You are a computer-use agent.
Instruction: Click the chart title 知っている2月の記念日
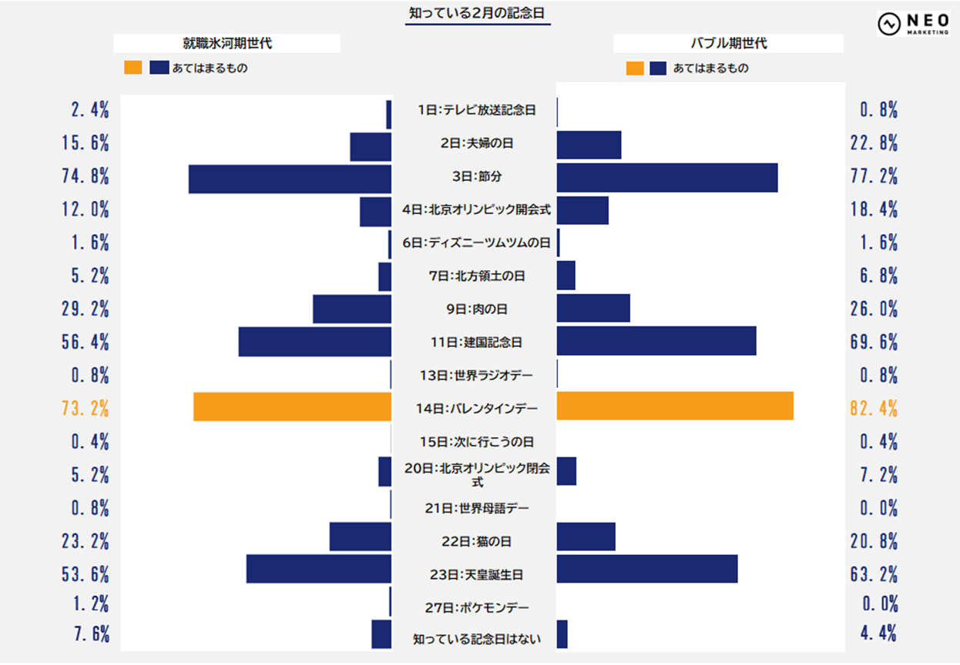pos(478,13)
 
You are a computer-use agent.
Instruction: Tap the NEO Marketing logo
pos(913,24)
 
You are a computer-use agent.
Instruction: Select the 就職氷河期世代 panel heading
pos(227,44)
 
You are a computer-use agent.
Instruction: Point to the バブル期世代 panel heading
pos(728,44)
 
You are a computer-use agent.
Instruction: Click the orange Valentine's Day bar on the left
pos(292,406)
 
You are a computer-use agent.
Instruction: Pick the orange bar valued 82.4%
pos(674,406)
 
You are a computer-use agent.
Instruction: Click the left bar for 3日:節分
pos(290,179)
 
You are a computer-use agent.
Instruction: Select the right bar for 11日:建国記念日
pos(656,341)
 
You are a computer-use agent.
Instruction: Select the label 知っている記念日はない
pos(477,639)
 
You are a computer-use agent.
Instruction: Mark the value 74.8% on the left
pos(86,176)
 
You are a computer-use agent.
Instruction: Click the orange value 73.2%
pos(86,409)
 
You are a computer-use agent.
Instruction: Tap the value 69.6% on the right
pos(874,343)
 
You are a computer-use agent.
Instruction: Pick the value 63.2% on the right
pos(874,574)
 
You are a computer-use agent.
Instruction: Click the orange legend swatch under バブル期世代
pos(635,69)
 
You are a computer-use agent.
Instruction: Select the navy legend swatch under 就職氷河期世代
pos(159,69)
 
